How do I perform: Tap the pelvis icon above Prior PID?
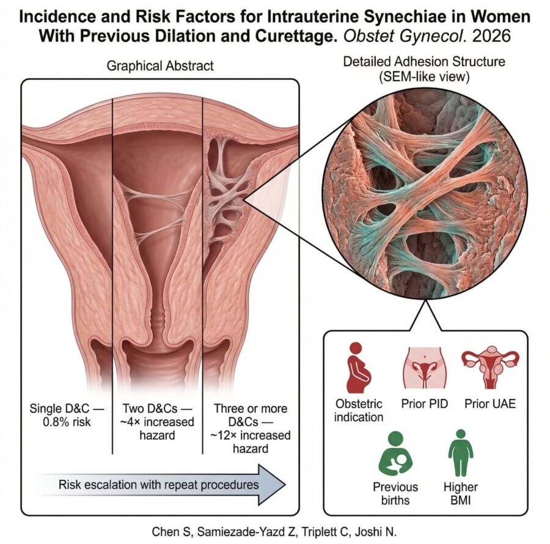point(425,369)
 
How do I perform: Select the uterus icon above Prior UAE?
point(490,367)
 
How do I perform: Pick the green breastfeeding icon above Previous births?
point(395,453)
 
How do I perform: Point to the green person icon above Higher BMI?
point(461,453)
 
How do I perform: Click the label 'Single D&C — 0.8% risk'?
point(67,415)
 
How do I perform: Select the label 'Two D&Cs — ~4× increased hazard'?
point(157,422)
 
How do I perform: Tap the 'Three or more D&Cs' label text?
point(251,415)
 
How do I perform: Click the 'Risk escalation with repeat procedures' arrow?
point(161,485)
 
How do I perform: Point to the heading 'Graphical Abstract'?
point(160,66)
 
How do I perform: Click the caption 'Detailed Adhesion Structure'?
point(424,62)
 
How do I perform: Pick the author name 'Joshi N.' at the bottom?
point(376,532)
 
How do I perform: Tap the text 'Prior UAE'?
point(490,403)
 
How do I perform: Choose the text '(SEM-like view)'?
point(424,77)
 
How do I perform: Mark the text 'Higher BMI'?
point(461,493)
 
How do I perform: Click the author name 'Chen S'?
point(171,532)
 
